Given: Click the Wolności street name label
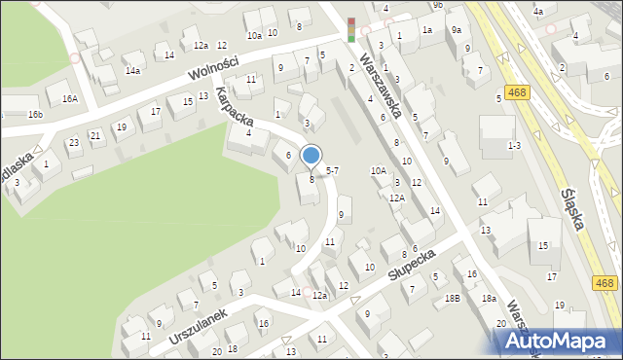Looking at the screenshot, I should click(x=215, y=71).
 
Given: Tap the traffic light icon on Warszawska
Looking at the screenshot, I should click(x=351, y=29).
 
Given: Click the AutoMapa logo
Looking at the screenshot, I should click(x=556, y=341).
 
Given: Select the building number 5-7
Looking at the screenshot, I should click(x=332, y=170).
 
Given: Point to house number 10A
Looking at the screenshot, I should click(x=379, y=170).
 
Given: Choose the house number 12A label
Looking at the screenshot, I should click(x=396, y=198).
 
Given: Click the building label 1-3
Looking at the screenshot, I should click(x=515, y=145).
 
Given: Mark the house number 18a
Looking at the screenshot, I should click(x=489, y=299).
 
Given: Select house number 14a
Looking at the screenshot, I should click(x=132, y=70).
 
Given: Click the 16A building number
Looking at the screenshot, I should click(x=69, y=98).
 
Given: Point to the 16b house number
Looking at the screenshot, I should click(x=35, y=115).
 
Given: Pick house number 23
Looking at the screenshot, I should click(x=73, y=143).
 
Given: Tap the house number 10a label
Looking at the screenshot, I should click(x=254, y=35).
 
